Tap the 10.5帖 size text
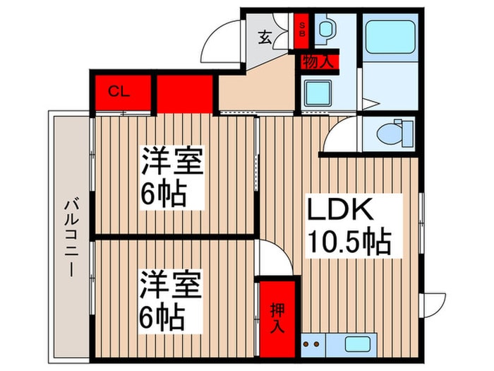pyautogui.click(x=349, y=244)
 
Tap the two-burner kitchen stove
pyautogui.click(x=311, y=347)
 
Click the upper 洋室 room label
pyautogui.click(x=174, y=163)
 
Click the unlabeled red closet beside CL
pyautogui.click(x=185, y=93)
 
